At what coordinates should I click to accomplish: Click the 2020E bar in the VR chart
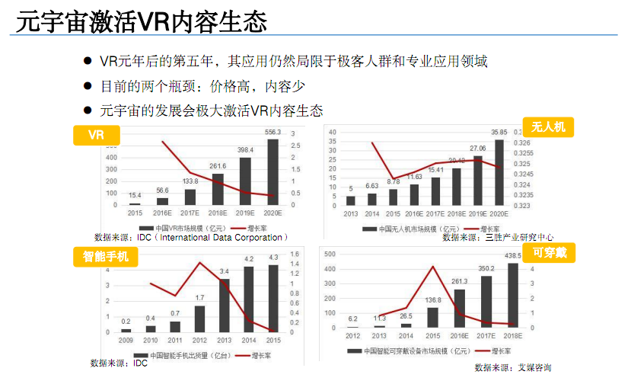click(272, 171)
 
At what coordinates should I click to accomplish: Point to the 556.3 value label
click(272, 133)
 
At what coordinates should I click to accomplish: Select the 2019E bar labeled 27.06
click(478, 181)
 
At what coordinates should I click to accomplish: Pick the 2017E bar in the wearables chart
click(486, 301)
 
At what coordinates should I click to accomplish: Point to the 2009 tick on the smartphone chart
click(126, 340)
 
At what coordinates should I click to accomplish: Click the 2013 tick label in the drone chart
click(350, 213)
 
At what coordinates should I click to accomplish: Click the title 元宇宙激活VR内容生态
click(142, 21)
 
